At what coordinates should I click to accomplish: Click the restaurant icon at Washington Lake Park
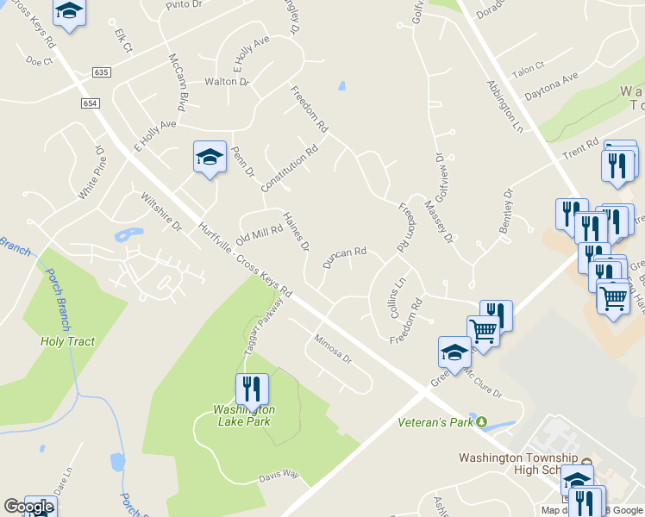[x=252, y=389]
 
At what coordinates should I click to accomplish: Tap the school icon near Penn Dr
[x=210, y=157]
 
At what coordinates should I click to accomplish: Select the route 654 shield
[x=91, y=103]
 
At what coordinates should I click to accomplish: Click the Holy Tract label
[x=67, y=341]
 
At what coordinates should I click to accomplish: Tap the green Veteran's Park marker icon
[x=483, y=422]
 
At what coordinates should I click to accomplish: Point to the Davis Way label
[x=279, y=476]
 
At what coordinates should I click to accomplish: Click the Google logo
[x=28, y=507]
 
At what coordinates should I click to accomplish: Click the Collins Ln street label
[x=398, y=298]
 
